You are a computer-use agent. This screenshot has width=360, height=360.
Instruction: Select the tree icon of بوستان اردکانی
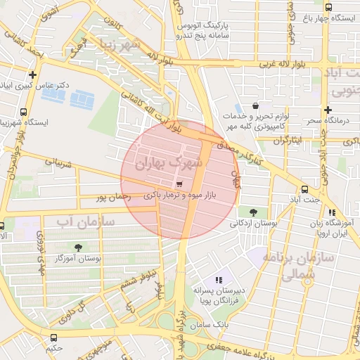pos(252,212)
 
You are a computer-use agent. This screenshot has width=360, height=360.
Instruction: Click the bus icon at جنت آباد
pos(304,189)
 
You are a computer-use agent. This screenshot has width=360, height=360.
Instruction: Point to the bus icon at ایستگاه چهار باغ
pos(328,7)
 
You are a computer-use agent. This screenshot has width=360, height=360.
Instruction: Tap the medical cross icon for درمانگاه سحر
pos(328,110)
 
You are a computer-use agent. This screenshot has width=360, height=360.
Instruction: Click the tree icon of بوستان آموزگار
pos(78,247)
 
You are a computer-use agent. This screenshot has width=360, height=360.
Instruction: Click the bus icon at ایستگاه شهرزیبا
pos(25,112)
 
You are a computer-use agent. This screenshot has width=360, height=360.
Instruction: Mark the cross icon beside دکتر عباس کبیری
pos(32,75)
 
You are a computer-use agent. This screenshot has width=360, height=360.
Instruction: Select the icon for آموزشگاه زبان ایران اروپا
pos(332,212)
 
